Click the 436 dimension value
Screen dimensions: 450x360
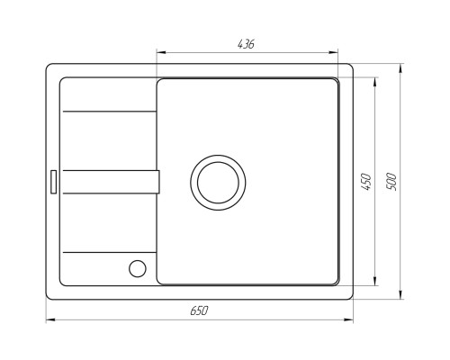[246, 44]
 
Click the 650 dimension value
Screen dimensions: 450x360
[199, 310]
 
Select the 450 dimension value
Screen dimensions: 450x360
[366, 182]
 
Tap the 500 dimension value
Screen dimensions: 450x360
[391, 182]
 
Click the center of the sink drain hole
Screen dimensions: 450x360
[218, 183]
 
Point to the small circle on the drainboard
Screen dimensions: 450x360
[138, 268]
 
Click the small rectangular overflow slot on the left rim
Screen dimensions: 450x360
[54, 182]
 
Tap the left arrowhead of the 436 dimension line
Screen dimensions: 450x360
[161, 53]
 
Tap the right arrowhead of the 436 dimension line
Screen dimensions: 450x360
[334, 53]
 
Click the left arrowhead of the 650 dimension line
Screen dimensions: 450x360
[50, 319]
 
